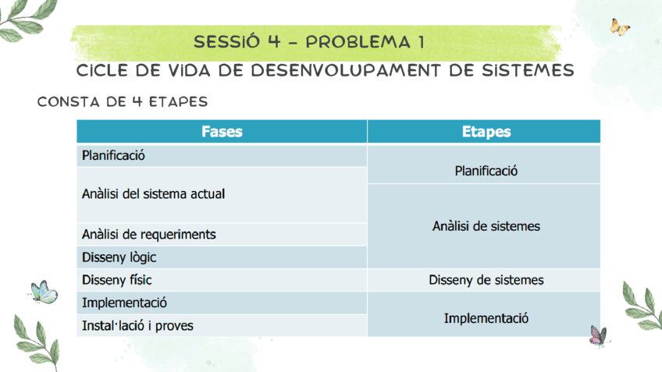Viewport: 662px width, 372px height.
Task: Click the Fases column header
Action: tap(222, 132)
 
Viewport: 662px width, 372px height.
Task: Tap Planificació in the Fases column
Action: tap(113, 154)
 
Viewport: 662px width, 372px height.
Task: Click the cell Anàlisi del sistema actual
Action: tap(153, 193)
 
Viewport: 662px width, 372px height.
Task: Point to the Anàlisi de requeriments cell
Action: tap(148, 234)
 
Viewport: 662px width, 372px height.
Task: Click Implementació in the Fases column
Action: tap(124, 302)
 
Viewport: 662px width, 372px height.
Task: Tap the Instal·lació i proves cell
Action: tap(137, 325)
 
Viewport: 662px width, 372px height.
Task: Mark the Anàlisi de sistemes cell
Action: tap(486, 226)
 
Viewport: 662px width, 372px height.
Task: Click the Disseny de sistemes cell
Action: tap(486, 279)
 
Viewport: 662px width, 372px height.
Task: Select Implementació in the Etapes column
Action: tap(486, 318)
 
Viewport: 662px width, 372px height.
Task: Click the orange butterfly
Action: tap(620, 27)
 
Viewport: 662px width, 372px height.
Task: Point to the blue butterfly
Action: tap(44, 292)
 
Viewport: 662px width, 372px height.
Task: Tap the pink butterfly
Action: tap(598, 336)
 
